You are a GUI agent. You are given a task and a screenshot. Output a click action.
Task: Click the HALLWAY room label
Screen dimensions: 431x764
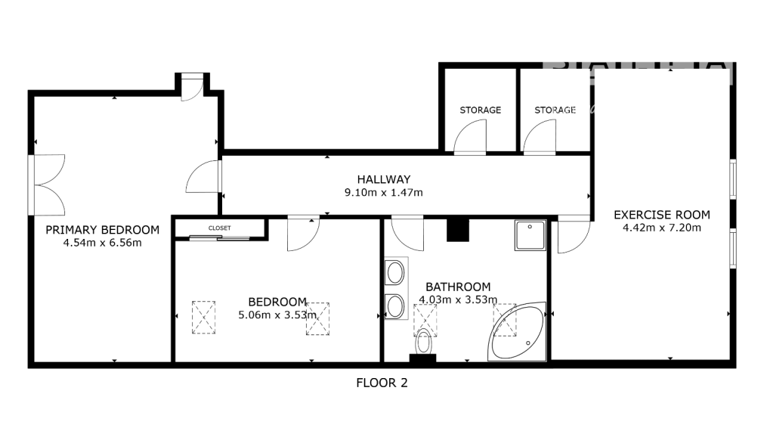(383, 179)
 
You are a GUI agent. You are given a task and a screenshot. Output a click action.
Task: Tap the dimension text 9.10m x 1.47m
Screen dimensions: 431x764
(383, 192)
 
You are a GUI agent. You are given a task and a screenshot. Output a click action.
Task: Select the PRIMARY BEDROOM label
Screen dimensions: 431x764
(102, 230)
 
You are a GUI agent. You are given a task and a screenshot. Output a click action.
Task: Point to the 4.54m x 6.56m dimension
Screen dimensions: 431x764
(102, 243)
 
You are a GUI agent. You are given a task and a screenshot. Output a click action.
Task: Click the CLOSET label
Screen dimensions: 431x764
(220, 228)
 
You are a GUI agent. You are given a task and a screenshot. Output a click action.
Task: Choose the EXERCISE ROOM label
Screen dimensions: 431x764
(661, 215)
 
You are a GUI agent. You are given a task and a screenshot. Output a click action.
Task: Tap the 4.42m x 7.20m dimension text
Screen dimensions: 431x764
(661, 227)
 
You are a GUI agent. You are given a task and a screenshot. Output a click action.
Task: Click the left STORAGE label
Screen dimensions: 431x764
(480, 110)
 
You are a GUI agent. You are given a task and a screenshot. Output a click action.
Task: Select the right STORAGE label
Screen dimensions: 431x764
(555, 110)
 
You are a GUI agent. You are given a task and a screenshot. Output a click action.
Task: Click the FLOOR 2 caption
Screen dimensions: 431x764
(382, 383)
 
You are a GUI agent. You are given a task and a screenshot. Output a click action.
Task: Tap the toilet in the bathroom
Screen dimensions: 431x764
(425, 343)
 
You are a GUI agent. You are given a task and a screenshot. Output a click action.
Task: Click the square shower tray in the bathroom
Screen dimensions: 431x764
(530, 235)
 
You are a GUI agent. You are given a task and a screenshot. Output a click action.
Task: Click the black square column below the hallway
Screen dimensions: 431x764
(457, 230)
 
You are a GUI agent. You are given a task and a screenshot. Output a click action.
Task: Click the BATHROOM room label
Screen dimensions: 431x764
(458, 287)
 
